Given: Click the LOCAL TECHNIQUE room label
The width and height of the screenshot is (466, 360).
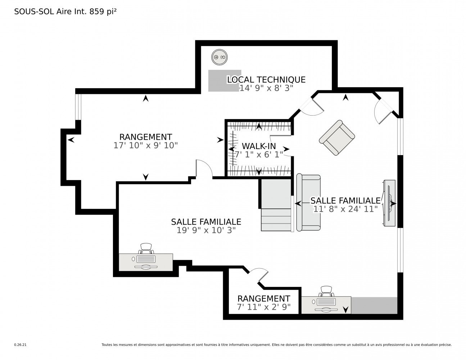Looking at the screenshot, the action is pyautogui.click(x=266, y=80).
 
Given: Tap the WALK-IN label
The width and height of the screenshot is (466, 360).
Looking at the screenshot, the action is pyautogui.click(x=259, y=146).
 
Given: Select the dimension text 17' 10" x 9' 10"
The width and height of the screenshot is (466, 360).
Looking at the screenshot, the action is pyautogui.click(x=146, y=145).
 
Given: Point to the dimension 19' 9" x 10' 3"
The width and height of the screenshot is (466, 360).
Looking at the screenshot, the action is pyautogui.click(x=206, y=230).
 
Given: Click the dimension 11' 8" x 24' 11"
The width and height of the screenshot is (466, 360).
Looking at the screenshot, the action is pyautogui.click(x=345, y=209).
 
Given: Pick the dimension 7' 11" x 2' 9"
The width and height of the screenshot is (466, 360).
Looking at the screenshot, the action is pyautogui.click(x=264, y=307).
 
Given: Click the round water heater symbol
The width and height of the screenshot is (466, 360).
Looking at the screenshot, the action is pyautogui.click(x=220, y=57).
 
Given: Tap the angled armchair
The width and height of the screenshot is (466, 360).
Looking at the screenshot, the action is pyautogui.click(x=337, y=138).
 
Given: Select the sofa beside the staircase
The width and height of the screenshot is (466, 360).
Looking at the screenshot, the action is pyautogui.click(x=308, y=203).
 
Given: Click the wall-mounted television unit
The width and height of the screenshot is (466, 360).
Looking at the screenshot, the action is pyautogui.click(x=389, y=203).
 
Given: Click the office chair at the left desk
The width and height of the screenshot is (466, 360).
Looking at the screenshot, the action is pyautogui.click(x=146, y=249).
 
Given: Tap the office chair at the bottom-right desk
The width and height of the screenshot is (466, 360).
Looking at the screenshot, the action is pyautogui.click(x=326, y=292).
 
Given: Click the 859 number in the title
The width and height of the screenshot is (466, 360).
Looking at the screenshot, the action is pyautogui.click(x=97, y=12).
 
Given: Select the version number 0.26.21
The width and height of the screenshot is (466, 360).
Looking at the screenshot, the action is pyautogui.click(x=21, y=345).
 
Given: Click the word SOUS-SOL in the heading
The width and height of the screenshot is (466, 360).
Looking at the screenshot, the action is pyautogui.click(x=34, y=12).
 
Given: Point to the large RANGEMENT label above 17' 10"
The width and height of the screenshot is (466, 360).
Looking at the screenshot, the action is pyautogui.click(x=146, y=137).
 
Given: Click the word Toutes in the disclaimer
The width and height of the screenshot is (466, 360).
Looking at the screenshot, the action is pyautogui.click(x=107, y=345).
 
